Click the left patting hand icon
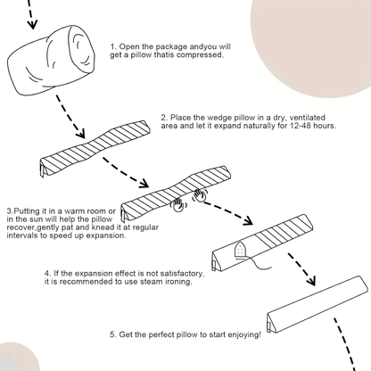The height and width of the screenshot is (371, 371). [x=180, y=204]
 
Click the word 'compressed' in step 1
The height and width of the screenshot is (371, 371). [x=196, y=55]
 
